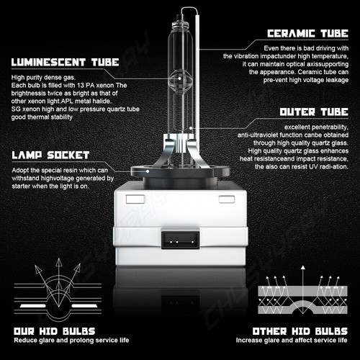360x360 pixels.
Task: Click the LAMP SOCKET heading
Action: (x=50, y=155)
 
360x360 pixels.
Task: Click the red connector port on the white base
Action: (x=179, y=238)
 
